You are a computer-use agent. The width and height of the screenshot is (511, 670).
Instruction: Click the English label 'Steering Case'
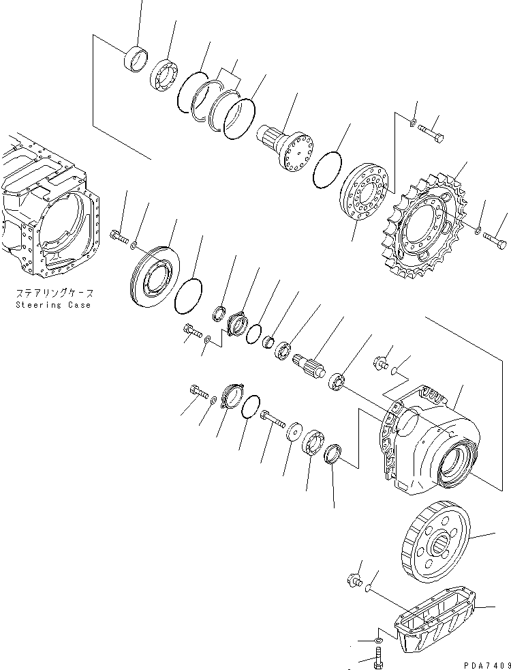(x=53, y=305)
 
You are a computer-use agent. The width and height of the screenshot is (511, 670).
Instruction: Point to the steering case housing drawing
(x=48, y=212)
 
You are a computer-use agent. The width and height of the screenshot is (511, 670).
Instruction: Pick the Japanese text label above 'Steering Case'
(x=53, y=293)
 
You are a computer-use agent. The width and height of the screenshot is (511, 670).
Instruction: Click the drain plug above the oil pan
(x=354, y=581)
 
